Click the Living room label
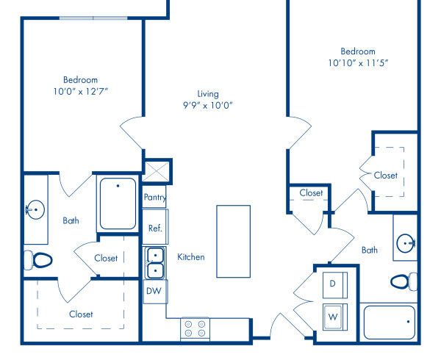tap(207, 93)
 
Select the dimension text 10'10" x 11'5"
tap(358, 63)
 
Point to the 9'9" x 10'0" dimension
tap(207, 105)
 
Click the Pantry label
tap(154, 197)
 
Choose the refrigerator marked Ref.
tap(155, 228)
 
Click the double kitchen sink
tap(155, 262)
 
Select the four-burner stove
tap(195, 329)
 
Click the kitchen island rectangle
tap(233, 240)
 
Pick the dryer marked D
tap(333, 284)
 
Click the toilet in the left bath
tap(40, 259)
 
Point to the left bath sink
tap(35, 211)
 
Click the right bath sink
tap(406, 242)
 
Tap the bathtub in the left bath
tap(117, 204)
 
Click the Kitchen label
tap(190, 257)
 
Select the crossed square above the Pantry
tap(155, 173)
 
